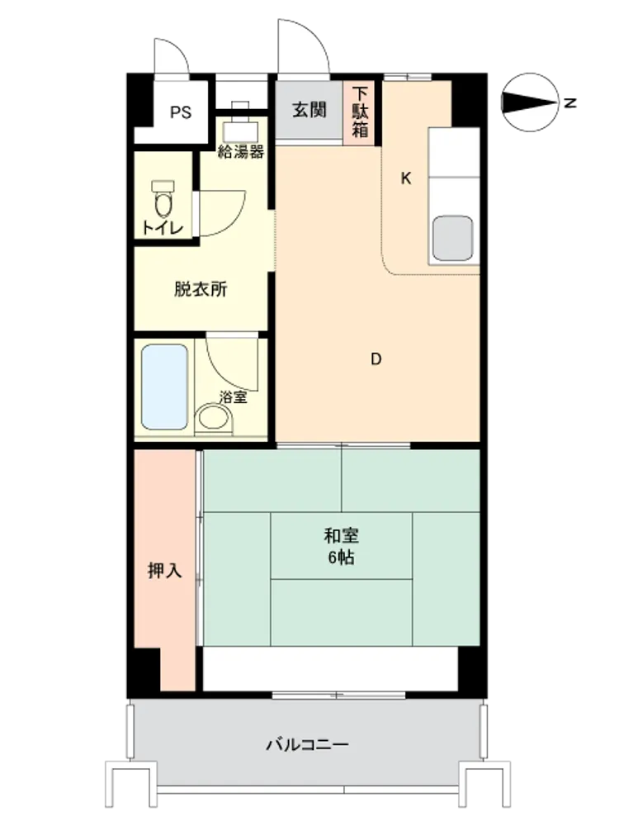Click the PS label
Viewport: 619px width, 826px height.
click(x=181, y=112)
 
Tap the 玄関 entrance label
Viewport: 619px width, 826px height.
click(x=309, y=110)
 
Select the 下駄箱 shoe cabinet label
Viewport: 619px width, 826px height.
click(x=360, y=112)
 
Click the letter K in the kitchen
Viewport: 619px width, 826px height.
click(x=406, y=178)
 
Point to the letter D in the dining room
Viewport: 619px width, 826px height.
click(x=376, y=359)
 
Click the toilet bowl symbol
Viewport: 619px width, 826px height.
click(x=163, y=198)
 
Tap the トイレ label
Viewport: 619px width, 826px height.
click(x=163, y=228)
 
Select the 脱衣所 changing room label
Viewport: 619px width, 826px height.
click(x=201, y=289)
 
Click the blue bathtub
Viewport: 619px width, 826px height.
click(x=165, y=387)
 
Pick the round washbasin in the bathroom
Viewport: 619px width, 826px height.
click(x=214, y=418)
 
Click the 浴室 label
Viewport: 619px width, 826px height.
click(x=234, y=397)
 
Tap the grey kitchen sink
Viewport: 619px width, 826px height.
click(x=452, y=238)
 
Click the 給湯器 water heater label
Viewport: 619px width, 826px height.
click(x=241, y=152)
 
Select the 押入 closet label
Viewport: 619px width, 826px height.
click(x=165, y=571)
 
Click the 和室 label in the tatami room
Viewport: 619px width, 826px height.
click(x=341, y=536)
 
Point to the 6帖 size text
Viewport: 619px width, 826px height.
click(x=341, y=558)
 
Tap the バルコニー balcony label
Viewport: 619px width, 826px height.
click(x=307, y=745)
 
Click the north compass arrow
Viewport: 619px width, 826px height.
click(x=530, y=102)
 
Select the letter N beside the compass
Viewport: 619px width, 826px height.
click(x=570, y=102)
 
